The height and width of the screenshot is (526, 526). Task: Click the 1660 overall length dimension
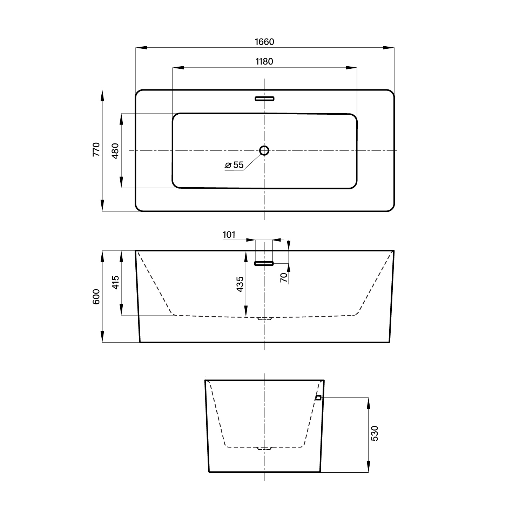(264, 42)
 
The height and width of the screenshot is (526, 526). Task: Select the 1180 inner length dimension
(264, 62)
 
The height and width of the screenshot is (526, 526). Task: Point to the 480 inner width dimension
(115, 151)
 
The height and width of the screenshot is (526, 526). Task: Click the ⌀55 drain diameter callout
(234, 165)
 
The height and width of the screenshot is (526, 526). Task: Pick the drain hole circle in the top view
(264, 150)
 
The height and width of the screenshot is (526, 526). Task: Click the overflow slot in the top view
(264, 99)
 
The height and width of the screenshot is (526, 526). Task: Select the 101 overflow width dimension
(229, 235)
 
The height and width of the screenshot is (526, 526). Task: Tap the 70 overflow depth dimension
(284, 277)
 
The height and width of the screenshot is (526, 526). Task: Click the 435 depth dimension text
(240, 284)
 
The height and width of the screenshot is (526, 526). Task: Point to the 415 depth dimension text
(116, 282)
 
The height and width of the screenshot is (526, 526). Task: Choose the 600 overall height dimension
(96, 296)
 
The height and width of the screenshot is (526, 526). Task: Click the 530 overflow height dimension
(375, 433)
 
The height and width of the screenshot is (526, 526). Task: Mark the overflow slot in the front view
(264, 263)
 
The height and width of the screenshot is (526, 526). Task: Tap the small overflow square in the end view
(318, 398)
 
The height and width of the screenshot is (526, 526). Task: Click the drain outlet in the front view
(264, 318)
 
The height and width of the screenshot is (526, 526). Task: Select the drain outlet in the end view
(264, 448)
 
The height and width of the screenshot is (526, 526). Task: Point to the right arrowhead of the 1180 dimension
(352, 67)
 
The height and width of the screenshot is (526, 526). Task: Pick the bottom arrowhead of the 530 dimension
(369, 466)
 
